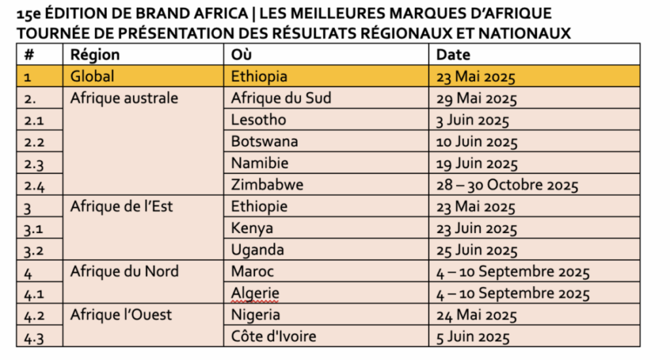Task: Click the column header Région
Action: point(95,55)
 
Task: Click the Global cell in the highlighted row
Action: point(92,77)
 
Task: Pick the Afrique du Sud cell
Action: point(281,98)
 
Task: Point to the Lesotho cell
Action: point(258,120)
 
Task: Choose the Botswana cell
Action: point(264,141)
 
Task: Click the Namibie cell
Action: point(260,163)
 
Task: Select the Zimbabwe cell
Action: point(267,185)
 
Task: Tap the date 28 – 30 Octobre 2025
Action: point(507,185)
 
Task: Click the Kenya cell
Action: point(252,228)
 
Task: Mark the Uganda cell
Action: point(257,250)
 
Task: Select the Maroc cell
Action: point(253,272)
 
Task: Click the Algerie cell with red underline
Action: point(255,293)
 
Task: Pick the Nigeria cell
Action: point(256,315)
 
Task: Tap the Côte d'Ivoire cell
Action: point(273,336)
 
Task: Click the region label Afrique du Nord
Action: point(124,272)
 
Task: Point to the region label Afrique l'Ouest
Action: point(121,315)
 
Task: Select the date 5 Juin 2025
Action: point(473,337)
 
